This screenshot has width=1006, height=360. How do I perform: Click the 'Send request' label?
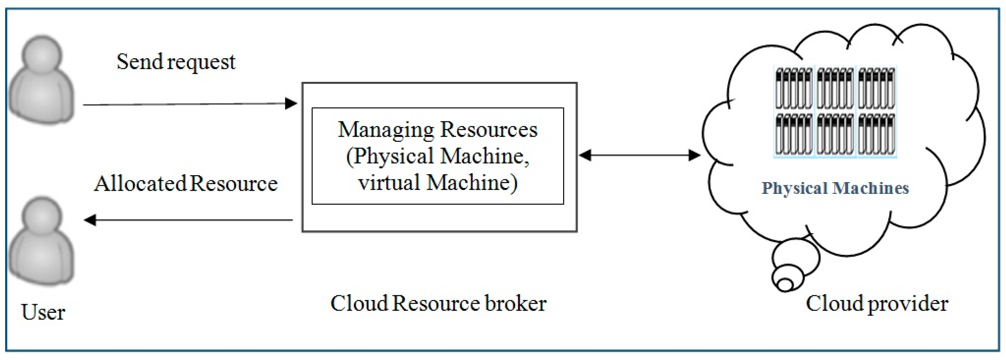click(176, 62)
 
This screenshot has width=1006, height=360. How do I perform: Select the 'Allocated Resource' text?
click(186, 184)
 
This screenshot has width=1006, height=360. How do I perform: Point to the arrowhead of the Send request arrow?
click(291, 103)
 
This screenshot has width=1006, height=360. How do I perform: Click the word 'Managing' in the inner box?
click(386, 130)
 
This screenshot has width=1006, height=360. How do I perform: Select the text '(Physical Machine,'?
click(437, 156)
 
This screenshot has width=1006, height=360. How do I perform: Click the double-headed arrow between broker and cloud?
click(640, 155)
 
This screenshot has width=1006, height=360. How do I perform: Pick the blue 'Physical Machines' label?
click(835, 189)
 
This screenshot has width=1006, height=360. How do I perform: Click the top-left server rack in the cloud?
click(794, 88)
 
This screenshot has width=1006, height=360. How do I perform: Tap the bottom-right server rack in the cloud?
click(876, 134)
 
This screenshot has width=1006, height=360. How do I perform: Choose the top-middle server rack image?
click(835, 88)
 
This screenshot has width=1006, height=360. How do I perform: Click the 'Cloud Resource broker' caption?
click(438, 304)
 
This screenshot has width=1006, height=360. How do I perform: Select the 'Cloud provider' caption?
click(877, 304)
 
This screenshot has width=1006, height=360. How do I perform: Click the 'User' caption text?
click(43, 312)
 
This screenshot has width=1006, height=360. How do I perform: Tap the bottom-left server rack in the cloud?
click(794, 134)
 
